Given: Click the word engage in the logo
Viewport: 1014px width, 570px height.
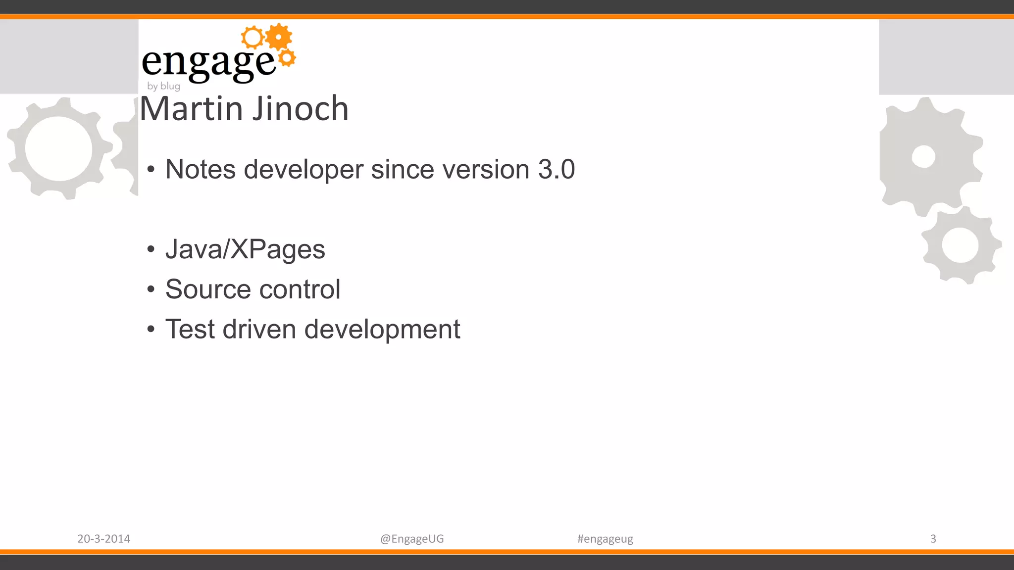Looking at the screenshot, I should (x=208, y=63).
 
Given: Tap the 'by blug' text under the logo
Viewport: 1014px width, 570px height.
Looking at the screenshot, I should (x=163, y=86).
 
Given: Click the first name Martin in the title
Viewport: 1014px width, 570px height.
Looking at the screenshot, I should (x=193, y=108).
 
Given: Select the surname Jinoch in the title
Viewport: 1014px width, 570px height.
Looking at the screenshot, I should (x=301, y=108).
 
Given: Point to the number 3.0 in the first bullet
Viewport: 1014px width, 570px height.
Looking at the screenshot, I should (x=556, y=169).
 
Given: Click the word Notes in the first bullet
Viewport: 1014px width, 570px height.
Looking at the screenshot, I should (x=200, y=169).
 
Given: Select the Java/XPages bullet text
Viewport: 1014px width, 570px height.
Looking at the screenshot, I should (x=245, y=249).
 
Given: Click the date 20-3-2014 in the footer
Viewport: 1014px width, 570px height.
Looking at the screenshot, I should (x=103, y=539).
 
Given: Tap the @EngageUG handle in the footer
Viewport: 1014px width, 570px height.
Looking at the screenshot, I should (x=412, y=539).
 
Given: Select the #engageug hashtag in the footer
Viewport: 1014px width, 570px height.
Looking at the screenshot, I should (x=605, y=539).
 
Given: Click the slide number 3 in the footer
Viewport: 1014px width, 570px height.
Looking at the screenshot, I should (x=933, y=538).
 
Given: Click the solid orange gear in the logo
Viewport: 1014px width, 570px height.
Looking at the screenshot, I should (x=279, y=37).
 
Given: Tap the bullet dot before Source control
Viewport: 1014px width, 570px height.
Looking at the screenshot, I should (x=151, y=289).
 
